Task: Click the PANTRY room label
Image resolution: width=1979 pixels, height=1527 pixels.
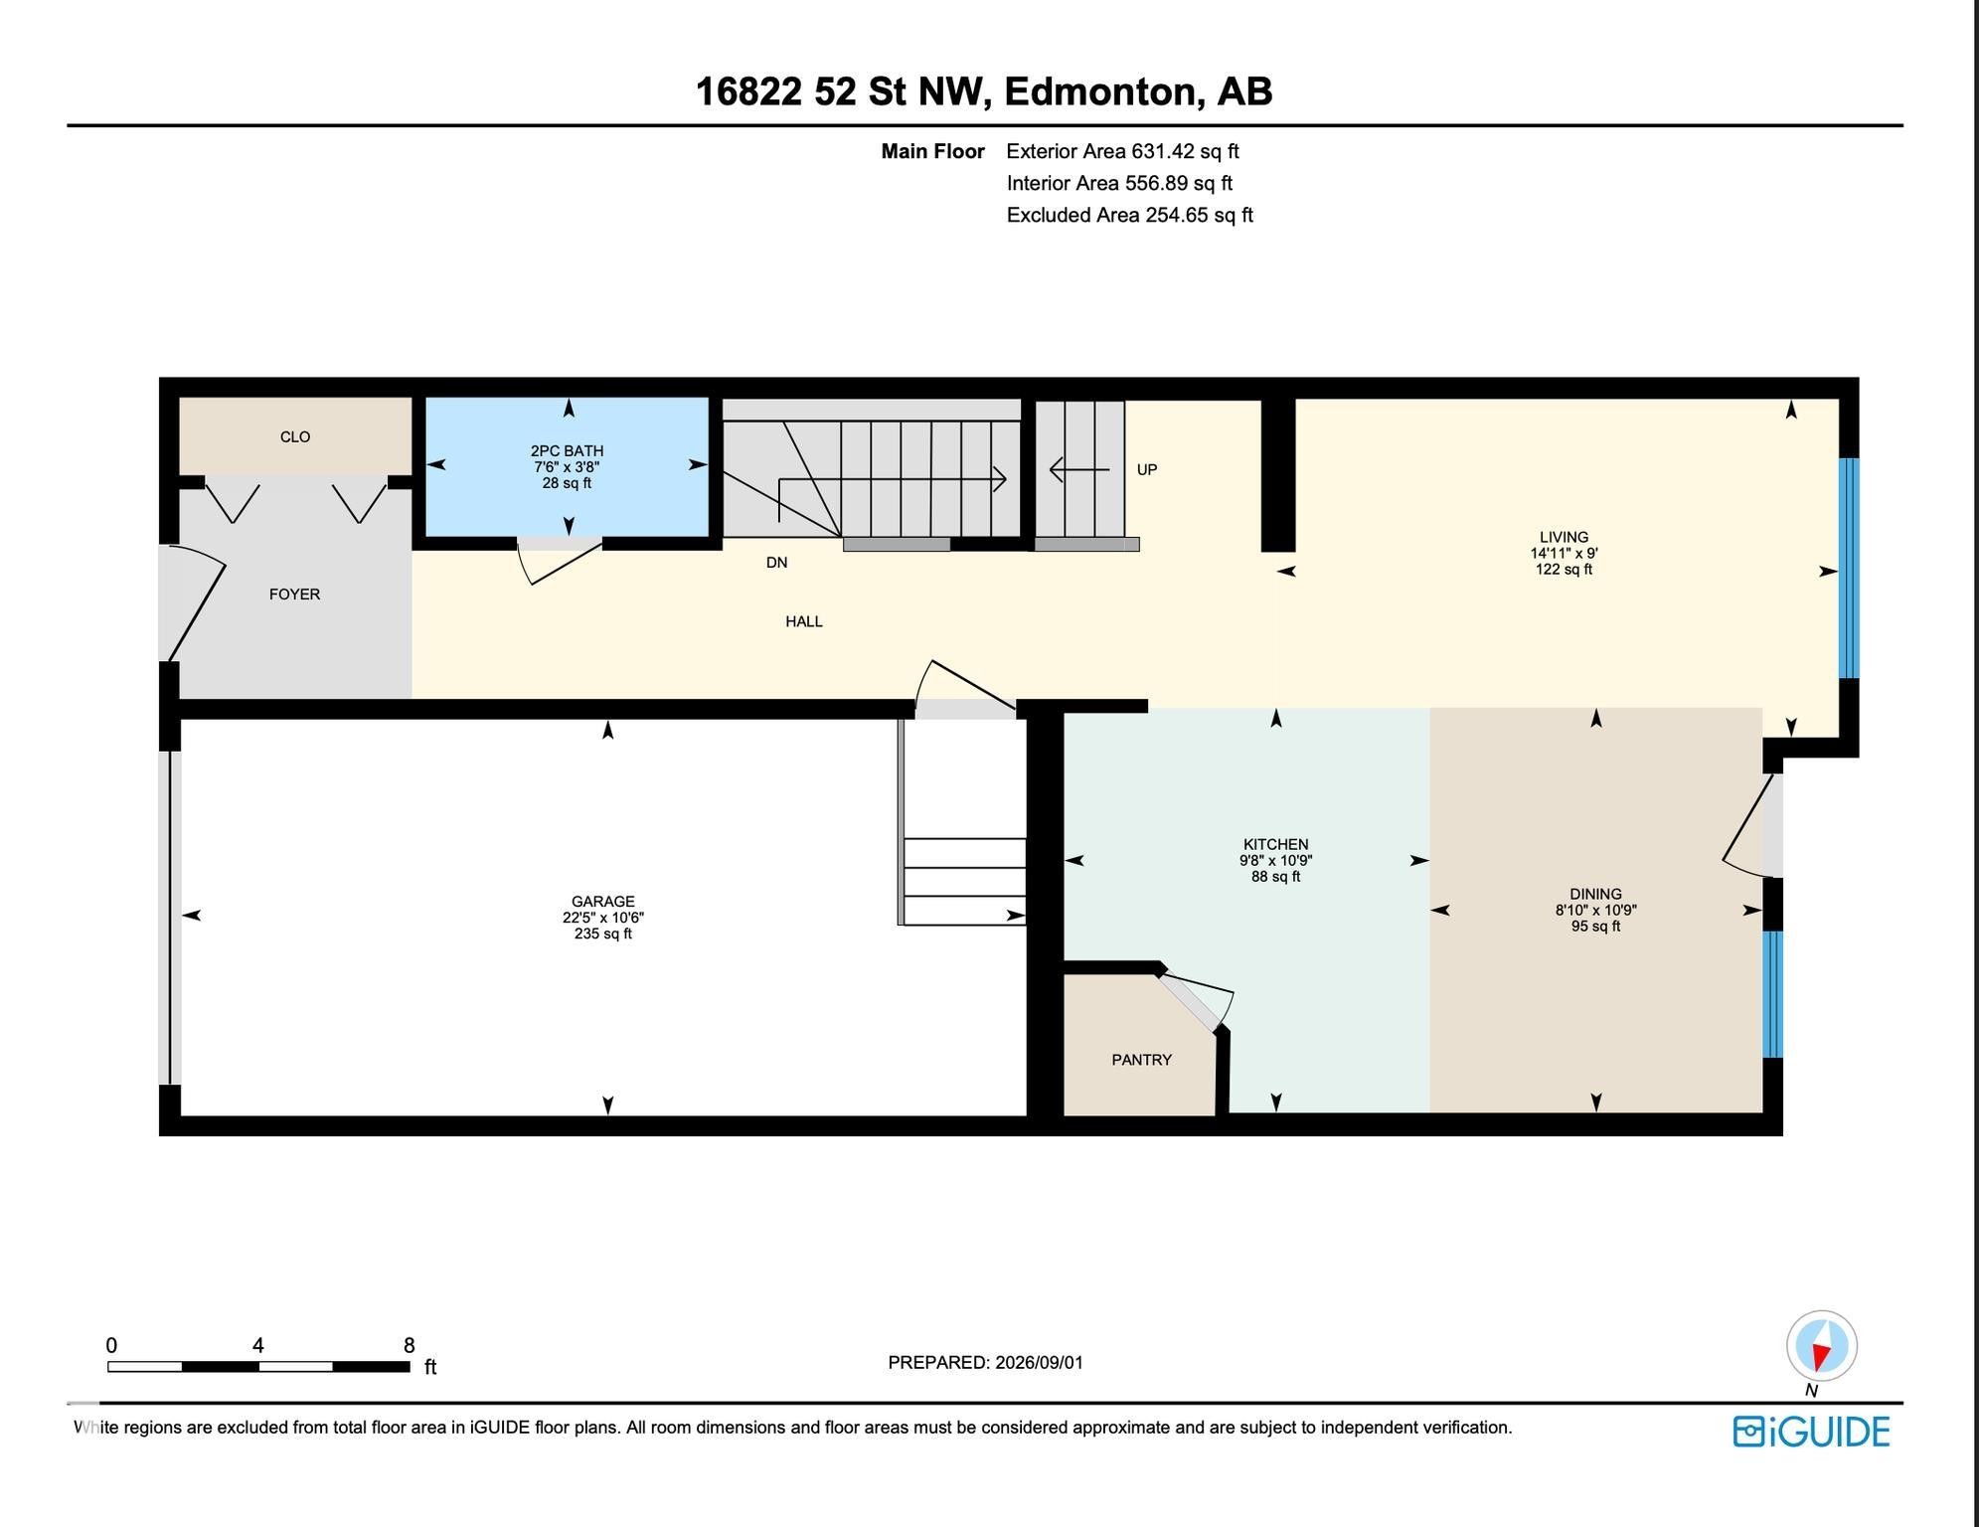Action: coord(1141,1060)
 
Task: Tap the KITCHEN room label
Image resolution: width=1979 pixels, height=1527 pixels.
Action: coord(1275,844)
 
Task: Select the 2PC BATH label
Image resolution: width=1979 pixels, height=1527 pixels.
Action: coord(567,450)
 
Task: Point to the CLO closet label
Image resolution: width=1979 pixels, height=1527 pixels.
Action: coord(295,436)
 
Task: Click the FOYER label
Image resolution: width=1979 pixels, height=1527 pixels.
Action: coord(294,594)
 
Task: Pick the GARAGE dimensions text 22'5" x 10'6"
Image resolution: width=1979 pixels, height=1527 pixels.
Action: coord(603,918)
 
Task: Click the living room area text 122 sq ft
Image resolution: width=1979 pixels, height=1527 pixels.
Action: coord(1564,570)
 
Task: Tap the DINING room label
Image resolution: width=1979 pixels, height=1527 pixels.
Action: coord(1595,894)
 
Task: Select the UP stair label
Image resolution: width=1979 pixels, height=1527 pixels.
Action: coord(1147,469)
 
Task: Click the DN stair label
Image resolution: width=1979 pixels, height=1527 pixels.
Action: coord(776,563)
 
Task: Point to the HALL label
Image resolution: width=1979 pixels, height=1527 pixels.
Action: coord(804,621)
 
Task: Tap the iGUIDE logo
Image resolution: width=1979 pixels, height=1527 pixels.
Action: coord(1811,1432)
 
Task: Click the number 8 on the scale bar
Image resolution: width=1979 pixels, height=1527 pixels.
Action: coord(409,1346)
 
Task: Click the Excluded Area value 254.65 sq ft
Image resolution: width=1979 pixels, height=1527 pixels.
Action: coord(1199,215)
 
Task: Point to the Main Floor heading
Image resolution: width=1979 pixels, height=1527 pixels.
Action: coord(932,151)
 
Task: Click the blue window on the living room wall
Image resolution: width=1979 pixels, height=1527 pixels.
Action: coord(1849,568)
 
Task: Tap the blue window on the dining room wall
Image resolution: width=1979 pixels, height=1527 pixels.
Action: coord(1772,994)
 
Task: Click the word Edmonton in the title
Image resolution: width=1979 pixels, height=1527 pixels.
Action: coord(1098,91)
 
